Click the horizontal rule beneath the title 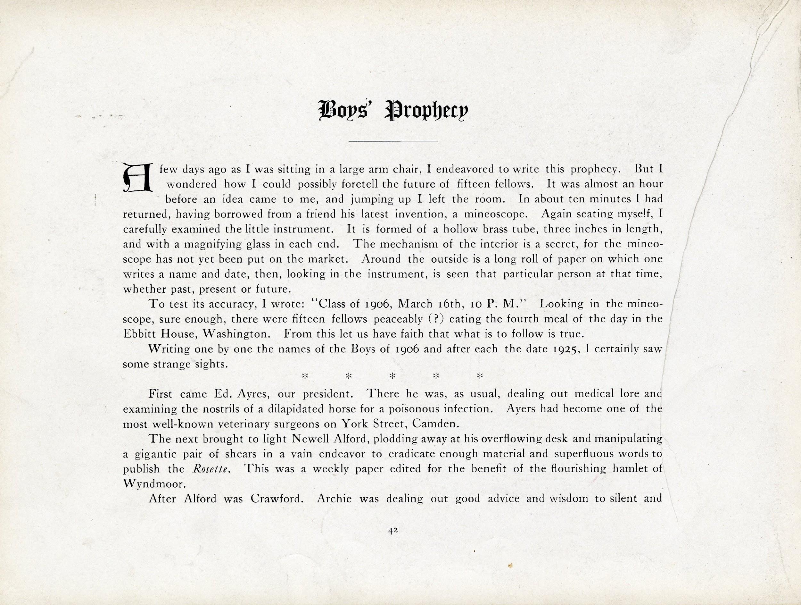click(393, 140)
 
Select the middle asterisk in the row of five click(392, 376)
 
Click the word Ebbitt click(142, 334)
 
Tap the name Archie click(333, 499)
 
